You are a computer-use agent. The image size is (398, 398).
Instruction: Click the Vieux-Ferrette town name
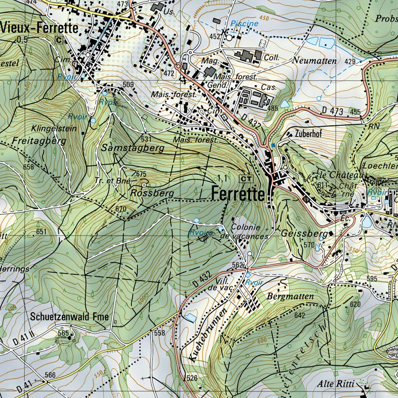coord(40,28)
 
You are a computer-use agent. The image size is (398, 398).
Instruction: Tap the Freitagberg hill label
coord(39,141)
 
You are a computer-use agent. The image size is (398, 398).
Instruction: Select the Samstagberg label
coord(133,148)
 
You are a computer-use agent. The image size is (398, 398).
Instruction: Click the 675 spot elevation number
coord(141,174)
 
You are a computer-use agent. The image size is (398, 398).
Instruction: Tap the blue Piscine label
coord(244,23)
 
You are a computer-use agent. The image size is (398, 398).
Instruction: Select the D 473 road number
coord(333,112)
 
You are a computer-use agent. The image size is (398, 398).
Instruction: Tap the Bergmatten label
coord(290,297)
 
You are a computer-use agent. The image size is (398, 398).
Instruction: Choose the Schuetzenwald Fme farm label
coord(70,316)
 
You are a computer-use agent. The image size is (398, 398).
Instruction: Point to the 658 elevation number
coord(28,167)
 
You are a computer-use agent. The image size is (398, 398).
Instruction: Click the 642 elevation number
coord(300,315)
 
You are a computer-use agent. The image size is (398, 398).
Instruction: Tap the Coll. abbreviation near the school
coord(272,57)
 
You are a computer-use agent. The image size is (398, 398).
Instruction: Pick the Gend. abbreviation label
coord(215,85)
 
